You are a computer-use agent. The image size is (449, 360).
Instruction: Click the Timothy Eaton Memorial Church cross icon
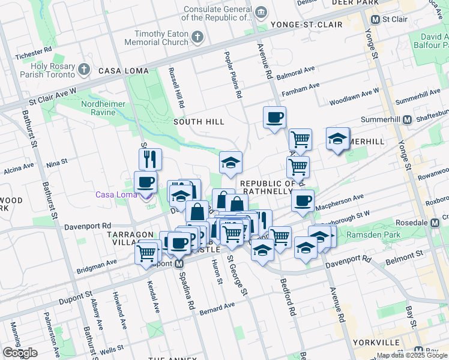[x=197, y=38]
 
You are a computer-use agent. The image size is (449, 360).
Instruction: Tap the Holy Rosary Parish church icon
[x=85, y=70]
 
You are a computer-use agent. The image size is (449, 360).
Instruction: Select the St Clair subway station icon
[x=375, y=19]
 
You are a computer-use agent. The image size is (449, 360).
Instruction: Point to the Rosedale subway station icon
[x=437, y=223]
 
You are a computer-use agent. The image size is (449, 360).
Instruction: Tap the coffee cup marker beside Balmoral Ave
[x=274, y=118]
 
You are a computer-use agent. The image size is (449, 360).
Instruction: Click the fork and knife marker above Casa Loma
[x=150, y=160]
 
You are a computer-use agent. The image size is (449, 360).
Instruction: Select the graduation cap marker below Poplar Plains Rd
[x=231, y=163]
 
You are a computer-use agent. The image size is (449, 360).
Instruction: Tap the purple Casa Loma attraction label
[x=116, y=194]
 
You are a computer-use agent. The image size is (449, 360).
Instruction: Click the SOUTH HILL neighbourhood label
[x=199, y=122]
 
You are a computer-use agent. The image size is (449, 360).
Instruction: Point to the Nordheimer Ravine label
[x=104, y=108]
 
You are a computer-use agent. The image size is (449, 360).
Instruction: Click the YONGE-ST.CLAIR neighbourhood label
[x=306, y=25]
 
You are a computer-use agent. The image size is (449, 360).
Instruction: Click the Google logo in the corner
[x=20, y=353]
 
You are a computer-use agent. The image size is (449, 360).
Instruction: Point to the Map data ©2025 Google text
[x=412, y=355]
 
